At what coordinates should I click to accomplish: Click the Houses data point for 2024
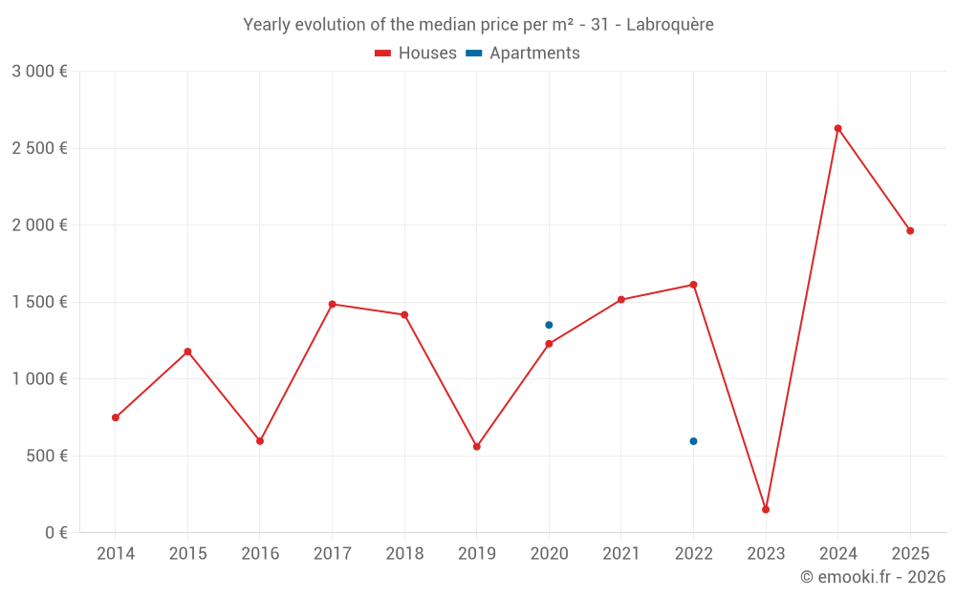tap(837, 128)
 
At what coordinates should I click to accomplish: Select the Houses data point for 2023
tap(766, 509)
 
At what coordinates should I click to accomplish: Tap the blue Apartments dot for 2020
tap(549, 325)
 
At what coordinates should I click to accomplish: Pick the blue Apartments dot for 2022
tap(693, 441)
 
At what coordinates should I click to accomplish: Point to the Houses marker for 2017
tap(332, 304)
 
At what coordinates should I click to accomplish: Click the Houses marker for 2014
tap(116, 417)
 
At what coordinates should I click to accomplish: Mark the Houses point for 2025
tap(910, 230)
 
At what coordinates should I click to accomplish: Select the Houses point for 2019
tap(477, 446)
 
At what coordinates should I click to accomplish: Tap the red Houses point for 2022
tap(693, 285)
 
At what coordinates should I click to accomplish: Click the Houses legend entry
tap(416, 53)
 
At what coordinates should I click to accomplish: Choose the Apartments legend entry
tap(523, 53)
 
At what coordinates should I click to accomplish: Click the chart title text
tap(478, 25)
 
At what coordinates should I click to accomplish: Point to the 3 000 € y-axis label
tap(39, 72)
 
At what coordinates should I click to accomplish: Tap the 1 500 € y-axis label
tap(39, 302)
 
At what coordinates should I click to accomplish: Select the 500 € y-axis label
tap(45, 456)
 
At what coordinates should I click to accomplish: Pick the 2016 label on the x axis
tap(260, 554)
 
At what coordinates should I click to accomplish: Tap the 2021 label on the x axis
tap(621, 554)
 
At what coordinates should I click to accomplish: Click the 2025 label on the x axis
tap(910, 554)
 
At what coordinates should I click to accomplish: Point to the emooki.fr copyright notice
tap(873, 577)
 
